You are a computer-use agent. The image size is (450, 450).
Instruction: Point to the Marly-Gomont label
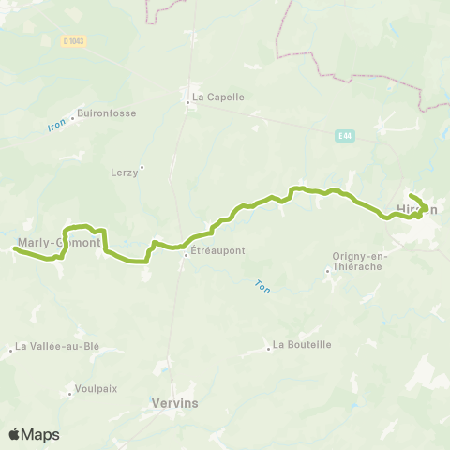(x=58, y=242)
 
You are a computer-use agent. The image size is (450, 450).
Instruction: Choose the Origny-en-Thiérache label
(x=360, y=262)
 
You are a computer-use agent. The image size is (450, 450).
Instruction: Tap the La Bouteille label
(x=302, y=344)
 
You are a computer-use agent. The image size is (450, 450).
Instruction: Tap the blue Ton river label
(x=262, y=288)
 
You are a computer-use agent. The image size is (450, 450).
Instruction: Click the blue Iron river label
(x=57, y=123)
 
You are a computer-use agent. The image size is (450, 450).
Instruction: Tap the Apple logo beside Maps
(x=15, y=434)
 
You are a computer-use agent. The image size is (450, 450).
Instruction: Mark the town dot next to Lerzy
(x=142, y=168)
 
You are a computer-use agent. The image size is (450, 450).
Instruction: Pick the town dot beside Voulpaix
(x=69, y=392)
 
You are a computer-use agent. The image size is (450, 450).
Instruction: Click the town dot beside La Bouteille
(x=268, y=345)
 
